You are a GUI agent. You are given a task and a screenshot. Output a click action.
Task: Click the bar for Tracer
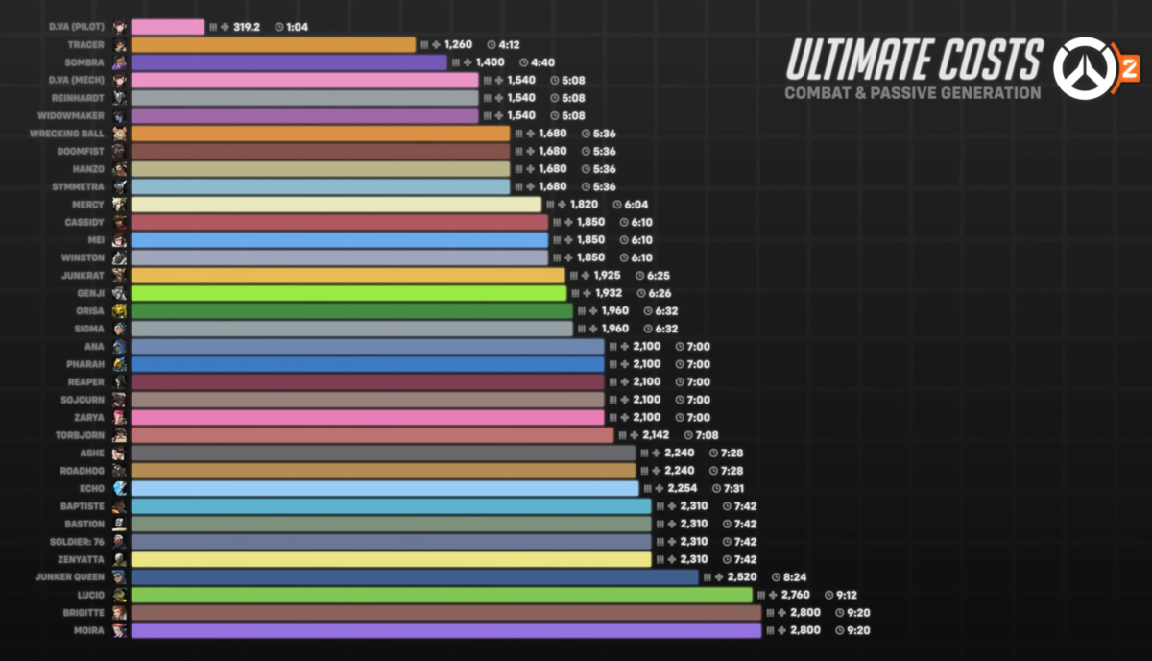click(273, 44)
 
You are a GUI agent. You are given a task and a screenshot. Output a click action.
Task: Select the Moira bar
click(445, 630)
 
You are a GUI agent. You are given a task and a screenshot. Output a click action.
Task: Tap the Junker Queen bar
click(415, 577)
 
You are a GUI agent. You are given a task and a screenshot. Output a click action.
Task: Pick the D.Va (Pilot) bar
click(167, 27)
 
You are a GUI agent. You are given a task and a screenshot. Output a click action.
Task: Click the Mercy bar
click(336, 205)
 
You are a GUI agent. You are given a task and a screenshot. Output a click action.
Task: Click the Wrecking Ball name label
click(68, 134)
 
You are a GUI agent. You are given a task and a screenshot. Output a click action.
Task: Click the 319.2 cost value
click(247, 27)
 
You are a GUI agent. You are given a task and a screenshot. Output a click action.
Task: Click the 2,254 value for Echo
click(683, 488)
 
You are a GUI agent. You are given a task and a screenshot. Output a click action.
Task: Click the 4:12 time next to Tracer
click(509, 44)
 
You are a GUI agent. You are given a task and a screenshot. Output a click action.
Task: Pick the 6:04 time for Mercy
click(636, 205)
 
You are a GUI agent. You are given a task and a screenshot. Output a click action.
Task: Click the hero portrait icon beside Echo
click(119, 488)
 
